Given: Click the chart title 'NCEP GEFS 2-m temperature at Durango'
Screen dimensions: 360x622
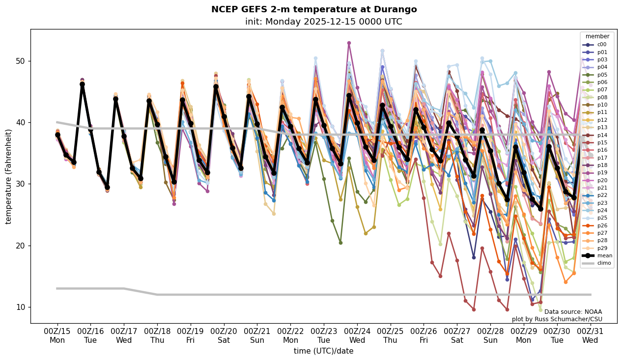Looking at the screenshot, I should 313,9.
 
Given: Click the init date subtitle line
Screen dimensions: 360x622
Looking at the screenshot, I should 323,22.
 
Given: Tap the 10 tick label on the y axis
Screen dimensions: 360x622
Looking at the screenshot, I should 20,307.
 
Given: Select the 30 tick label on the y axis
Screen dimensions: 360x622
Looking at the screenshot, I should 20,184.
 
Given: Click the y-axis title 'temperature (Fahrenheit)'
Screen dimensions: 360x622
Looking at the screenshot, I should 9,176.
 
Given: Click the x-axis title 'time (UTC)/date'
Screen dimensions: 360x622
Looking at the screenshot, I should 323,351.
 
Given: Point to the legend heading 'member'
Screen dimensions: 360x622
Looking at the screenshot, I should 597,36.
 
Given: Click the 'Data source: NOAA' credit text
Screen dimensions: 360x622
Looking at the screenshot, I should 573,312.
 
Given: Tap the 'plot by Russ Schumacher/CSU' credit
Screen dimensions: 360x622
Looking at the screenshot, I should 557,319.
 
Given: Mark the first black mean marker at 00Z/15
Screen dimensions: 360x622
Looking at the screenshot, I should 57,135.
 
